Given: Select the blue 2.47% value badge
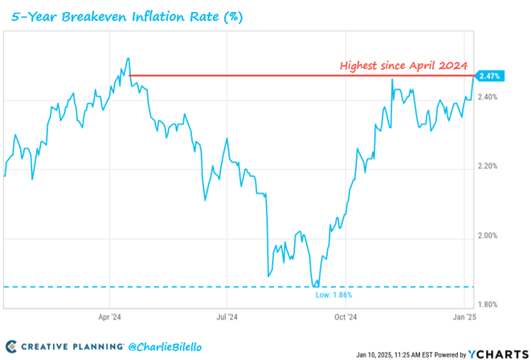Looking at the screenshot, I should tap(489, 76).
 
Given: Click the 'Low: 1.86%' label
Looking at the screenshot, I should tap(333, 295).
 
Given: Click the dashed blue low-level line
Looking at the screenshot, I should tap(161, 286).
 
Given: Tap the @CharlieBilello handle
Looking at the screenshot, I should tap(165, 346).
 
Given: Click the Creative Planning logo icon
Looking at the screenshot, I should tap(10, 346).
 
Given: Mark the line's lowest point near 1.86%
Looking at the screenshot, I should tap(316, 285).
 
